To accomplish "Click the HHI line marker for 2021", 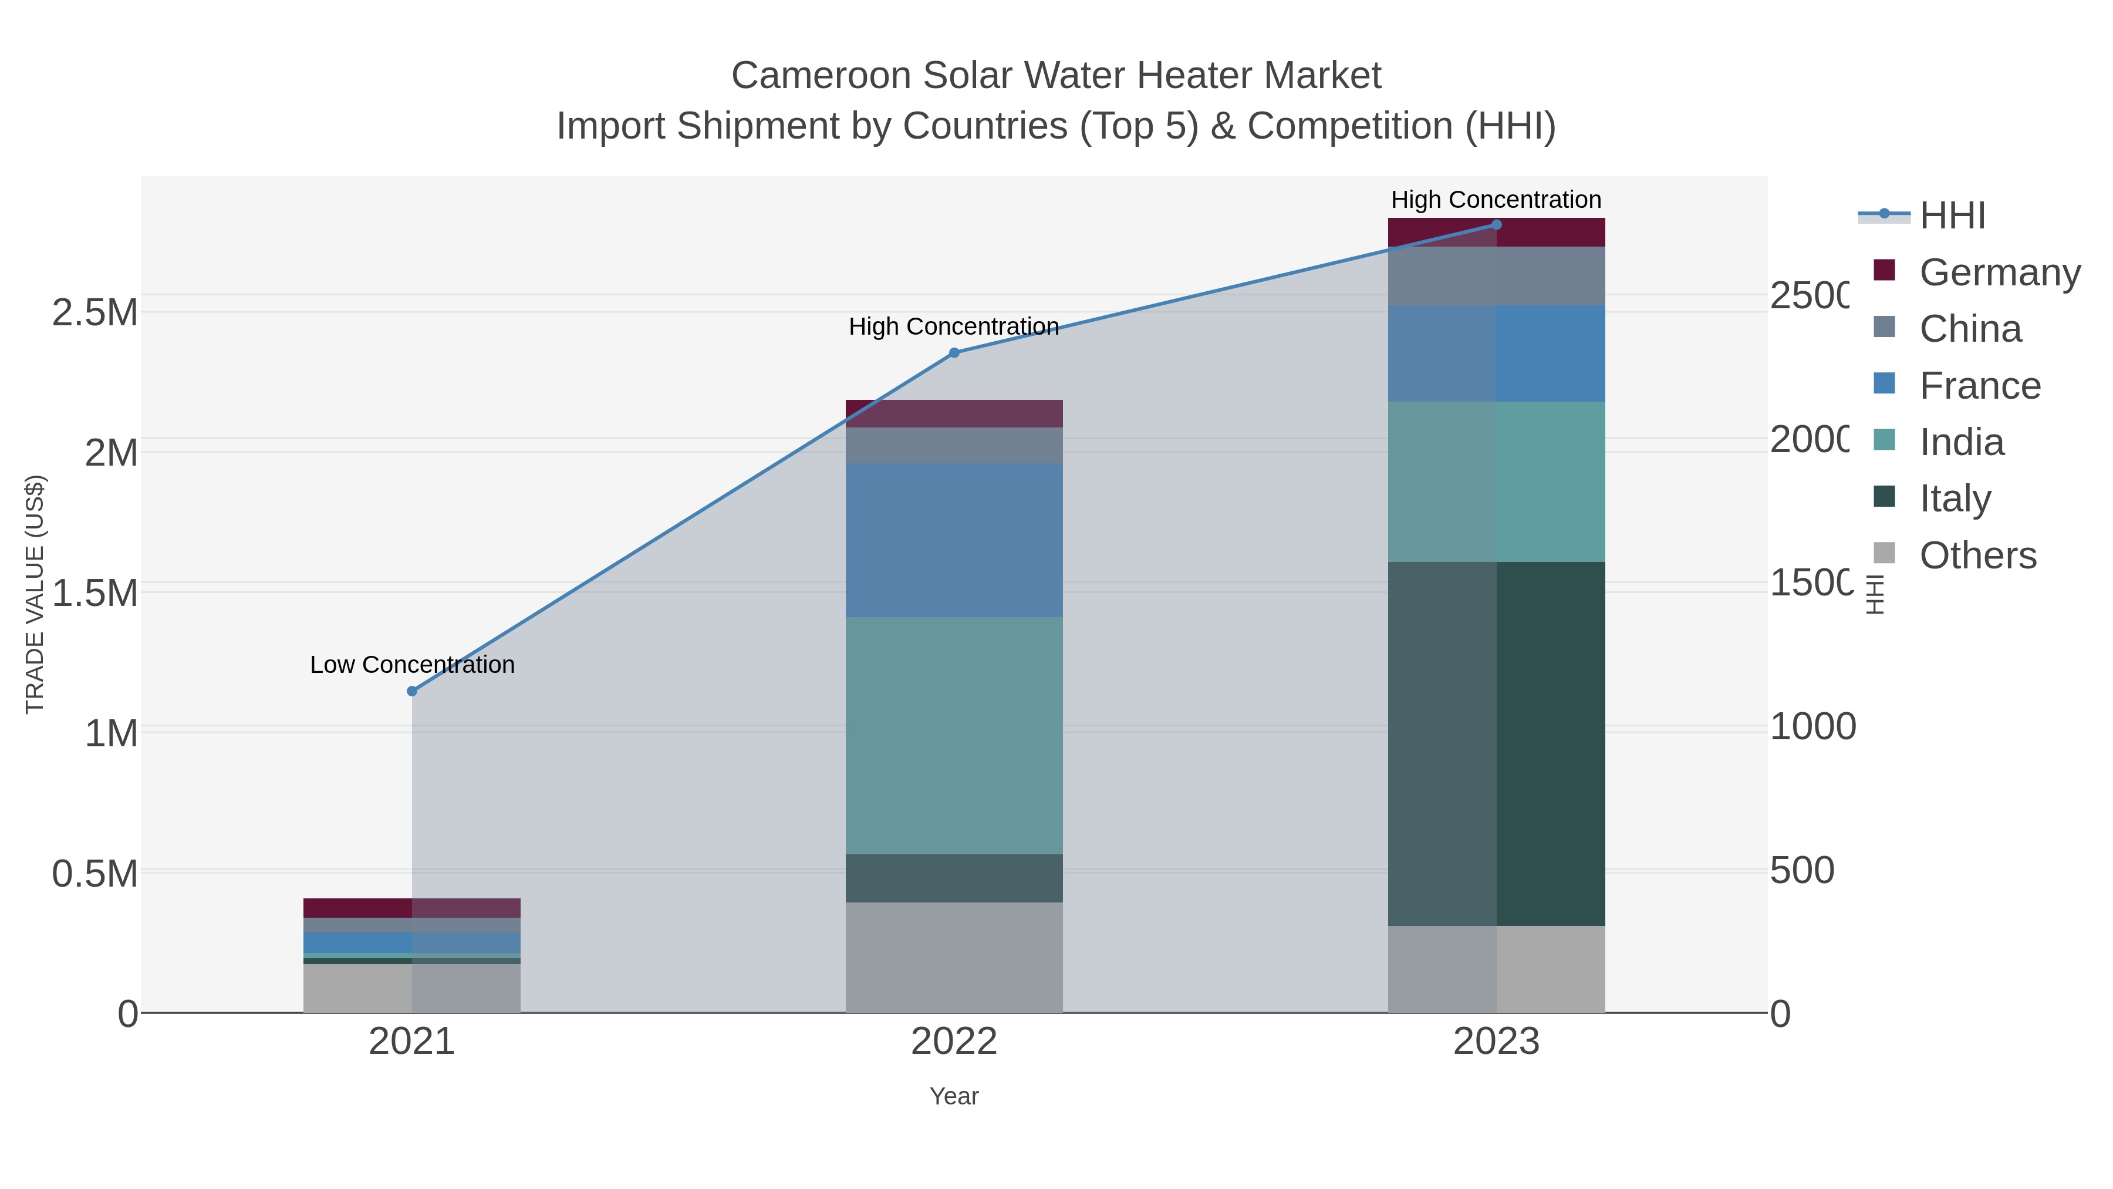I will click(412, 691).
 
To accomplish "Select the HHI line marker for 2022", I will click(954, 353).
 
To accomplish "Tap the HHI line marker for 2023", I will click(1496, 225).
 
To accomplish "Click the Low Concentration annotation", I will click(412, 665).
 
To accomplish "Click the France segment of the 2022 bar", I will click(954, 540).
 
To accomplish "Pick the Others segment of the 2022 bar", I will click(954, 957).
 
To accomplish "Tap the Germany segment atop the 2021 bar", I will click(412, 908).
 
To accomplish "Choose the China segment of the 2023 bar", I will click(1496, 276).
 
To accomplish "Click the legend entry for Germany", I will click(2000, 272).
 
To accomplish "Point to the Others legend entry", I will click(1977, 555).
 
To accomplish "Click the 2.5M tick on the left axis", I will click(95, 312).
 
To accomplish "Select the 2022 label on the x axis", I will click(954, 1041).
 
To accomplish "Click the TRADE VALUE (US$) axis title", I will click(35, 594).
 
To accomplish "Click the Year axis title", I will click(954, 1096).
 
